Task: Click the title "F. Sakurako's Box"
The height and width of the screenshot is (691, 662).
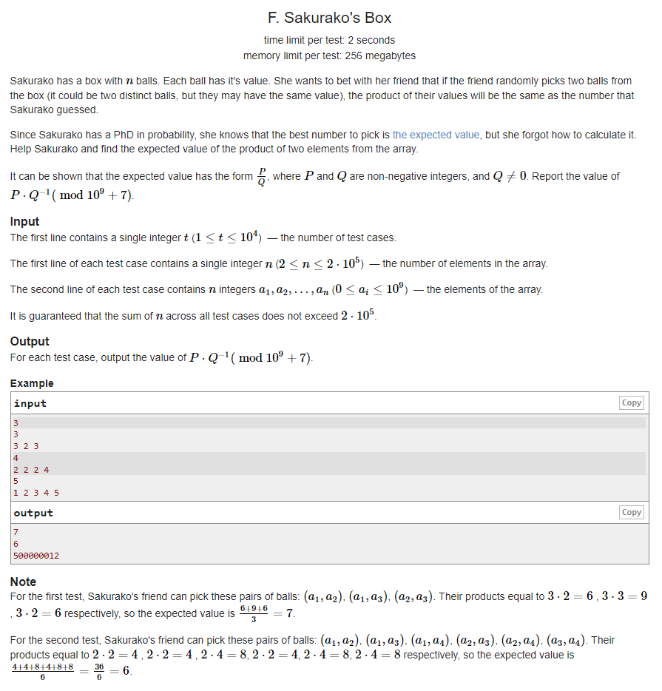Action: (x=329, y=18)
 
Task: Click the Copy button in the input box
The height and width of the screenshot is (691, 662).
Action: (x=631, y=402)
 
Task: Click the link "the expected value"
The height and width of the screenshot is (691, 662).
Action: (x=436, y=135)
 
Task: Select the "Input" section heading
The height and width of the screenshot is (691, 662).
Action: (x=24, y=221)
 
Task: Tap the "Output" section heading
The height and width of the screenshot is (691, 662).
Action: (x=30, y=341)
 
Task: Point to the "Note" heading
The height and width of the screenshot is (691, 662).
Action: (x=23, y=582)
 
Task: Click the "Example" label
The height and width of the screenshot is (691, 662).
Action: (x=32, y=383)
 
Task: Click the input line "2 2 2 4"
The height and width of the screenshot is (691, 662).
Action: (x=31, y=470)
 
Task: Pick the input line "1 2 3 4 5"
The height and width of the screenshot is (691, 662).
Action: (x=36, y=492)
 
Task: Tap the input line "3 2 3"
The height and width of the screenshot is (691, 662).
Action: (x=26, y=446)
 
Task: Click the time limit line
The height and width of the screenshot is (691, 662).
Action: (x=329, y=40)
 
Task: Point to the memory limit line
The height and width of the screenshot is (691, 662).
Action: (x=329, y=55)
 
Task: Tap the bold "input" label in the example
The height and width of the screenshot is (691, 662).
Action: (x=30, y=403)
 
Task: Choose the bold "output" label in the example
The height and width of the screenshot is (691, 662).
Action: (x=33, y=513)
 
